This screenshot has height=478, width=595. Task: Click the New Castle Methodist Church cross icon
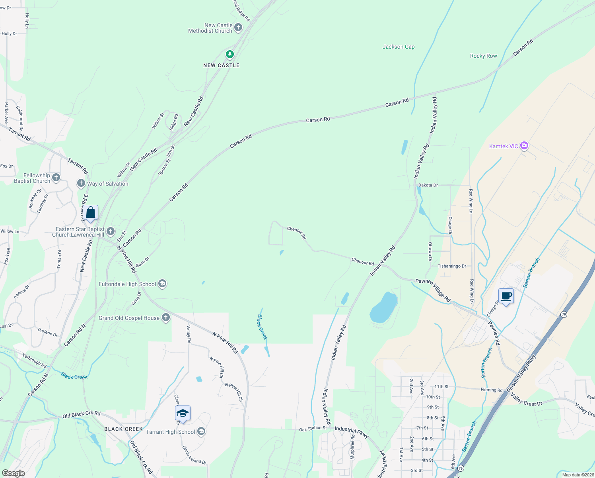238,27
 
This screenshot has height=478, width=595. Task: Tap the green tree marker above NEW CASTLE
229,54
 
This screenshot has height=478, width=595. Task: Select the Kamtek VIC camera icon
524,146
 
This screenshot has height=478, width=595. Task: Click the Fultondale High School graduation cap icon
162,284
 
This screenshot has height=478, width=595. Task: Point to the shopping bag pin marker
91,213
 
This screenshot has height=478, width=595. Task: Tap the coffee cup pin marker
506,296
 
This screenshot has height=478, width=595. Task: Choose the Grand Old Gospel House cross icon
166,318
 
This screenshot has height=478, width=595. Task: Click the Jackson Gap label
399,47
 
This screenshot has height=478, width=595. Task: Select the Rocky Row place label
483,56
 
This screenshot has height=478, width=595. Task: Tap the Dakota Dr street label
428,185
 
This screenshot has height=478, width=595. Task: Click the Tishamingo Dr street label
452,266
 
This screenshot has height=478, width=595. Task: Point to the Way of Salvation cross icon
81,183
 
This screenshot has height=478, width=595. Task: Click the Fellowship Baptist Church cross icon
56,178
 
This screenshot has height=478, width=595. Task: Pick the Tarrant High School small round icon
201,432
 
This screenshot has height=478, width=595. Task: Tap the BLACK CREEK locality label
123,429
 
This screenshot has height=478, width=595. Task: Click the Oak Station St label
313,429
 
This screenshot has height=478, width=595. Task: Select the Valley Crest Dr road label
526,400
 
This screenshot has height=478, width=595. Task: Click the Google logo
14,473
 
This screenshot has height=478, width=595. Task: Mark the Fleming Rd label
492,390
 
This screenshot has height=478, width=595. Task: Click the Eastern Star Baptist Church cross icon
111,231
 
